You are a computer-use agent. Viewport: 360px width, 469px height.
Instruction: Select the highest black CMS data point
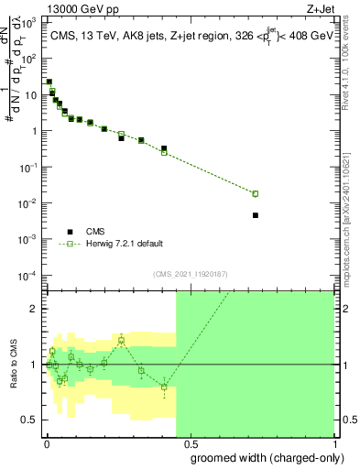(49, 82)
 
